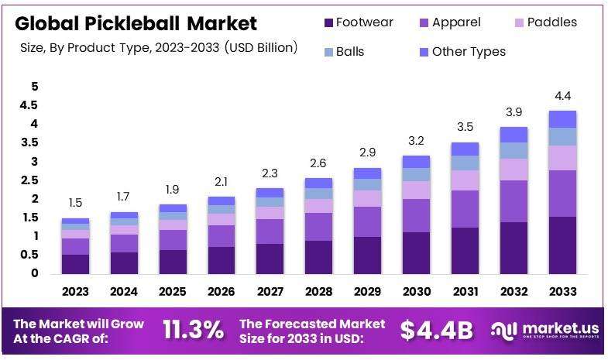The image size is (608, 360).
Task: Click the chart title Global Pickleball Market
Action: (x=136, y=23)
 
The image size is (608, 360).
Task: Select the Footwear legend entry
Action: (x=360, y=22)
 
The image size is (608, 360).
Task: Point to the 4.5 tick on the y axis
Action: (x=29, y=105)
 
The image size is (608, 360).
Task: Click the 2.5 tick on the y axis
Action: (x=29, y=180)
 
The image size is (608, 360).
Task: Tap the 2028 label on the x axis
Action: (x=318, y=292)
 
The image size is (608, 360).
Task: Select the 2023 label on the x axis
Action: (x=76, y=292)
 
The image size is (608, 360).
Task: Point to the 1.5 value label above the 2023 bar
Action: (x=76, y=203)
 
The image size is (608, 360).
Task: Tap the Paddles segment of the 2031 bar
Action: (x=464, y=180)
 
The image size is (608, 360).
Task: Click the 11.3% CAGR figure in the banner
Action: (x=193, y=330)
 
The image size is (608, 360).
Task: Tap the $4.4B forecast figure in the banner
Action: (x=436, y=330)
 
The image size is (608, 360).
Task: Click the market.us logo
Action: (x=545, y=331)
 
